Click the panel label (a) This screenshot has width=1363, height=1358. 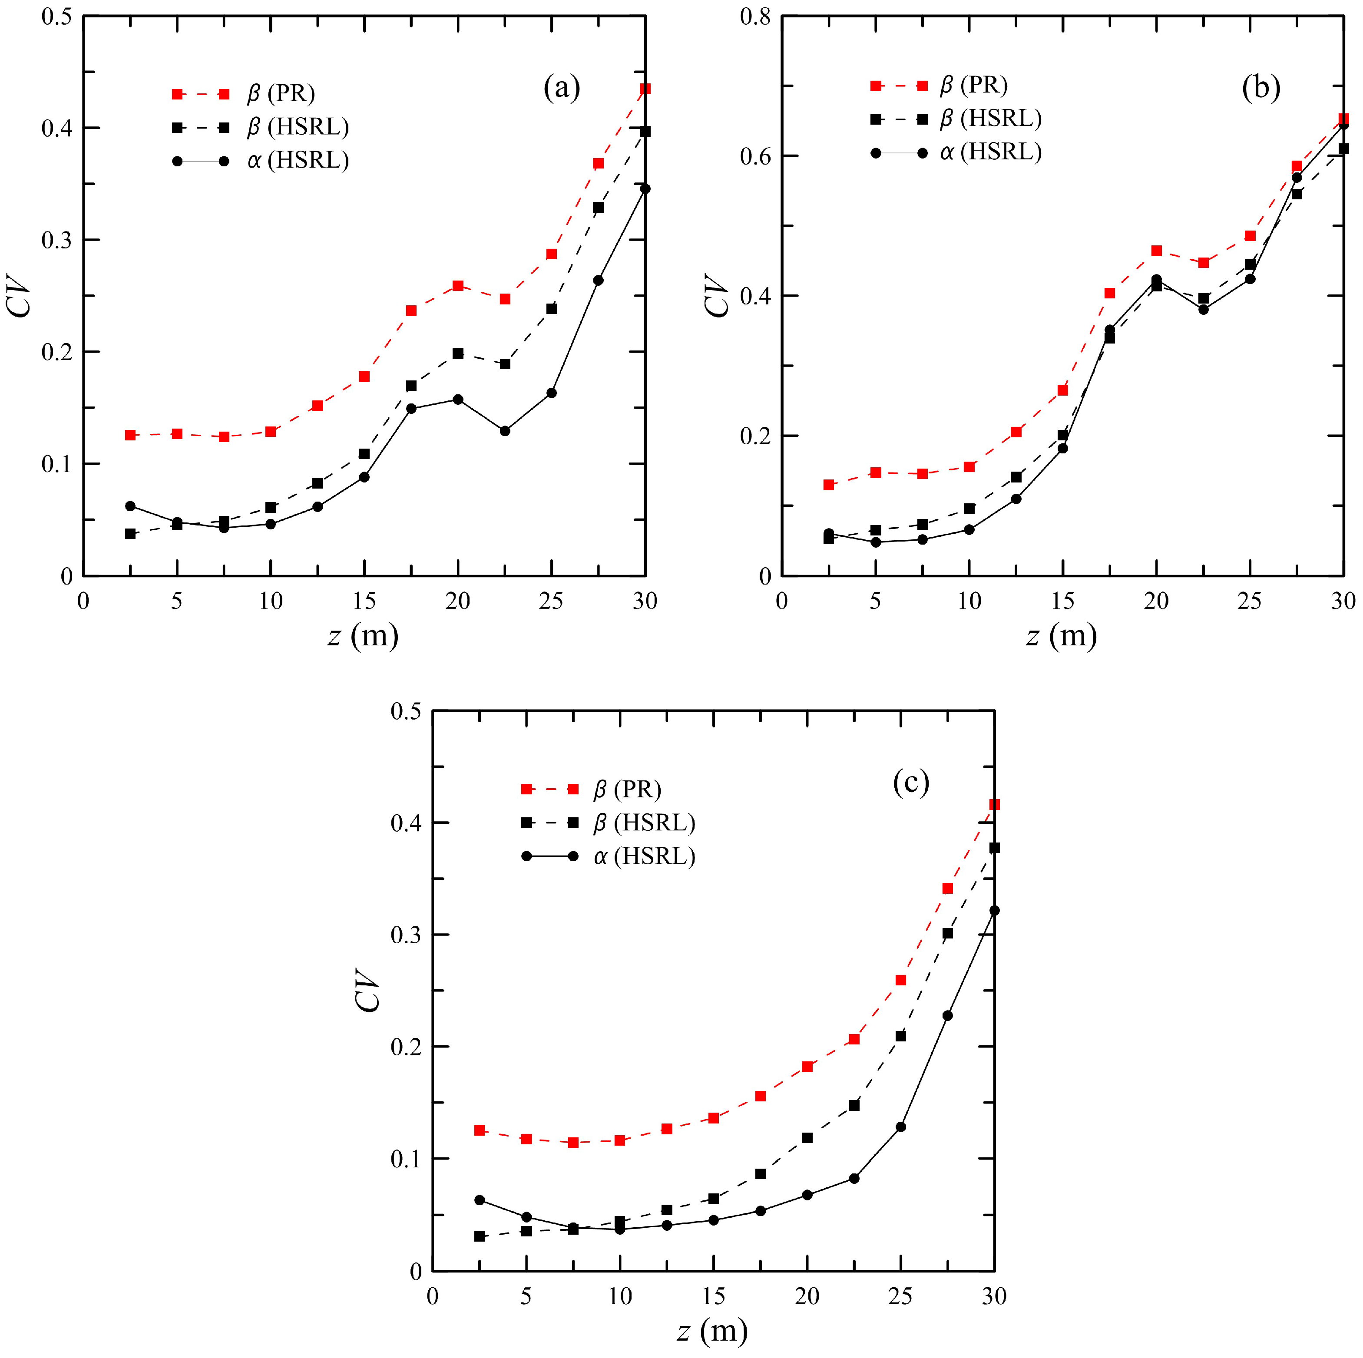click(562, 89)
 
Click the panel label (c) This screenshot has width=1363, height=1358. click(911, 782)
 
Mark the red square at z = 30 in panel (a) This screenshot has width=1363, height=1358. click(645, 89)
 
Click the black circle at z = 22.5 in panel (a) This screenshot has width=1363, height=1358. click(504, 430)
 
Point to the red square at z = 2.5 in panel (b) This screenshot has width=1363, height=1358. click(829, 485)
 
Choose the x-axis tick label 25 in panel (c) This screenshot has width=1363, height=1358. click(900, 1296)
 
